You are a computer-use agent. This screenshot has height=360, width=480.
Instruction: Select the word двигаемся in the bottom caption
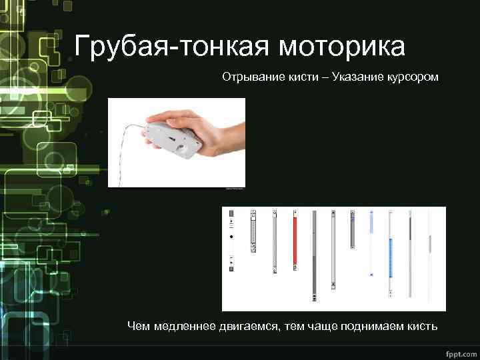tap(251, 326)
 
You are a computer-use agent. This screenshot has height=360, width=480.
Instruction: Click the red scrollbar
tap(294, 243)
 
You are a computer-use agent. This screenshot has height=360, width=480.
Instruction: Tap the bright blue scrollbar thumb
tap(391, 257)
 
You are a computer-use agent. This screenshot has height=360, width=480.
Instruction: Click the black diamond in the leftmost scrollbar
tap(231, 237)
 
